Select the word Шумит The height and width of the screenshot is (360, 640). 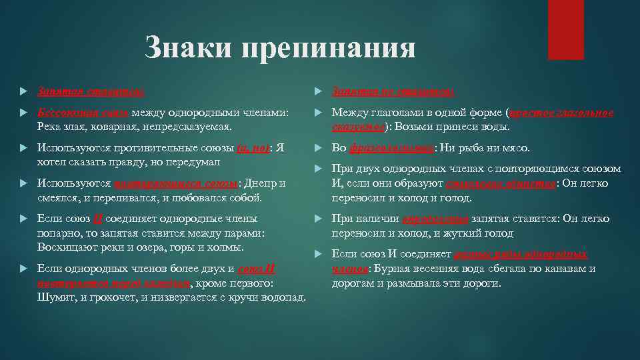click(54, 296)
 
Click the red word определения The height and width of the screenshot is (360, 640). click(435, 219)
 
